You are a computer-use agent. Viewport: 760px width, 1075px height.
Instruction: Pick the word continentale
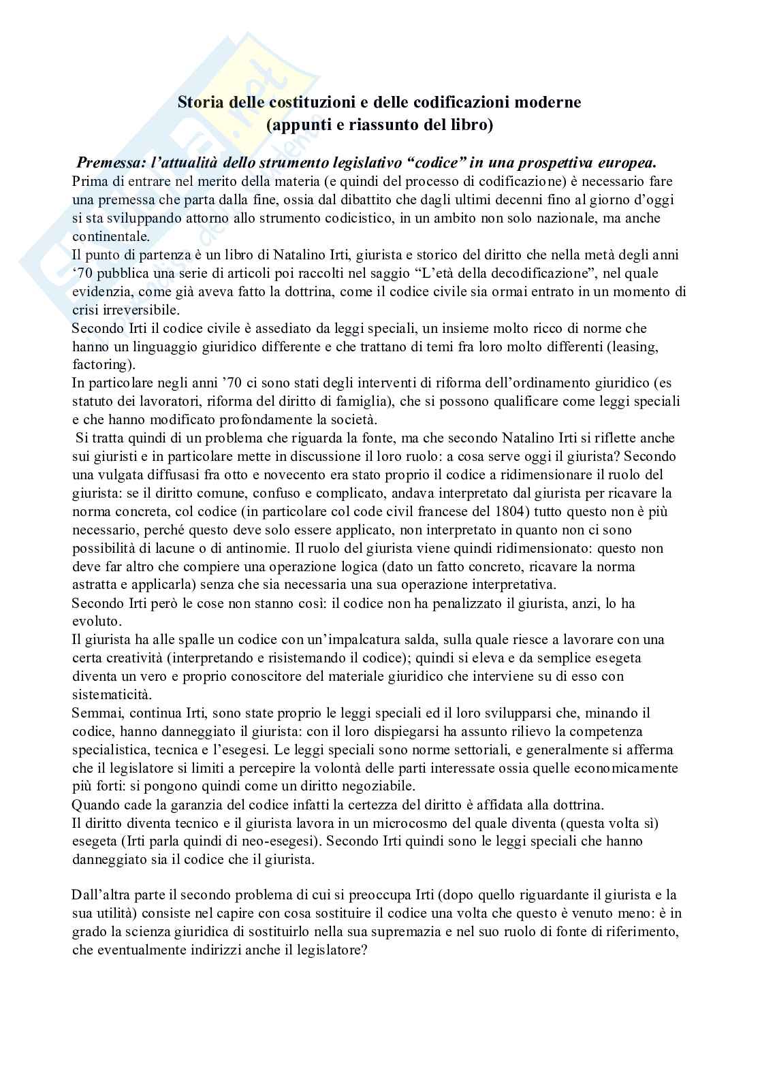tap(108, 237)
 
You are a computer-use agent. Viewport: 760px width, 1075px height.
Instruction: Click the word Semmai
tap(97, 713)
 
